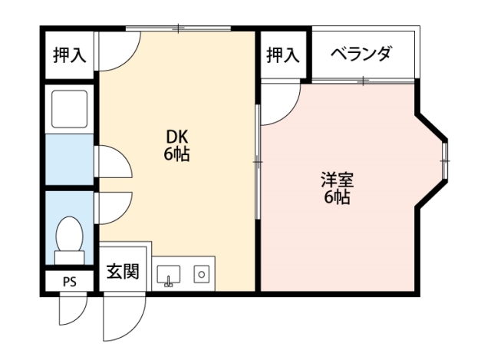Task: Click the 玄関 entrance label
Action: [123, 272]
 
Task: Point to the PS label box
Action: [69, 282]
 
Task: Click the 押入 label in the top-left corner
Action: [69, 55]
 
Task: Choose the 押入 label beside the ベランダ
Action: [282, 54]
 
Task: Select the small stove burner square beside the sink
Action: [201, 272]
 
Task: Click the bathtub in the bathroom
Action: [70, 109]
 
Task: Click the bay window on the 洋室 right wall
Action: [444, 160]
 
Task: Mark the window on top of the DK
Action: [178, 29]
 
